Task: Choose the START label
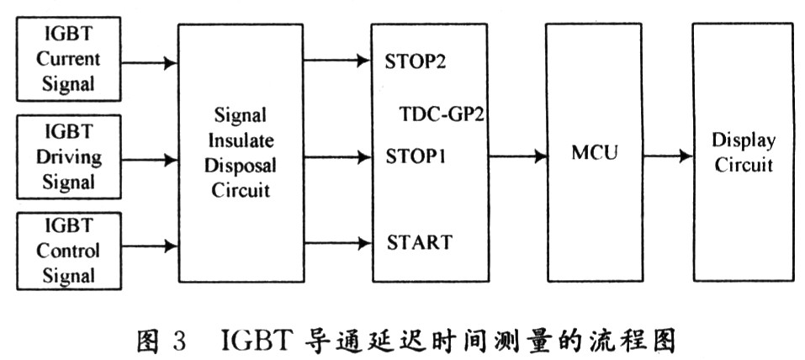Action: coord(420,243)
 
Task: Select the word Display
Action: coord(744,140)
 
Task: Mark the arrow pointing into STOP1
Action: coord(336,156)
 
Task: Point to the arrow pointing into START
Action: coord(336,244)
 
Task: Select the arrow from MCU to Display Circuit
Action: coord(661,156)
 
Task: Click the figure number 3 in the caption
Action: coord(179,341)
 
